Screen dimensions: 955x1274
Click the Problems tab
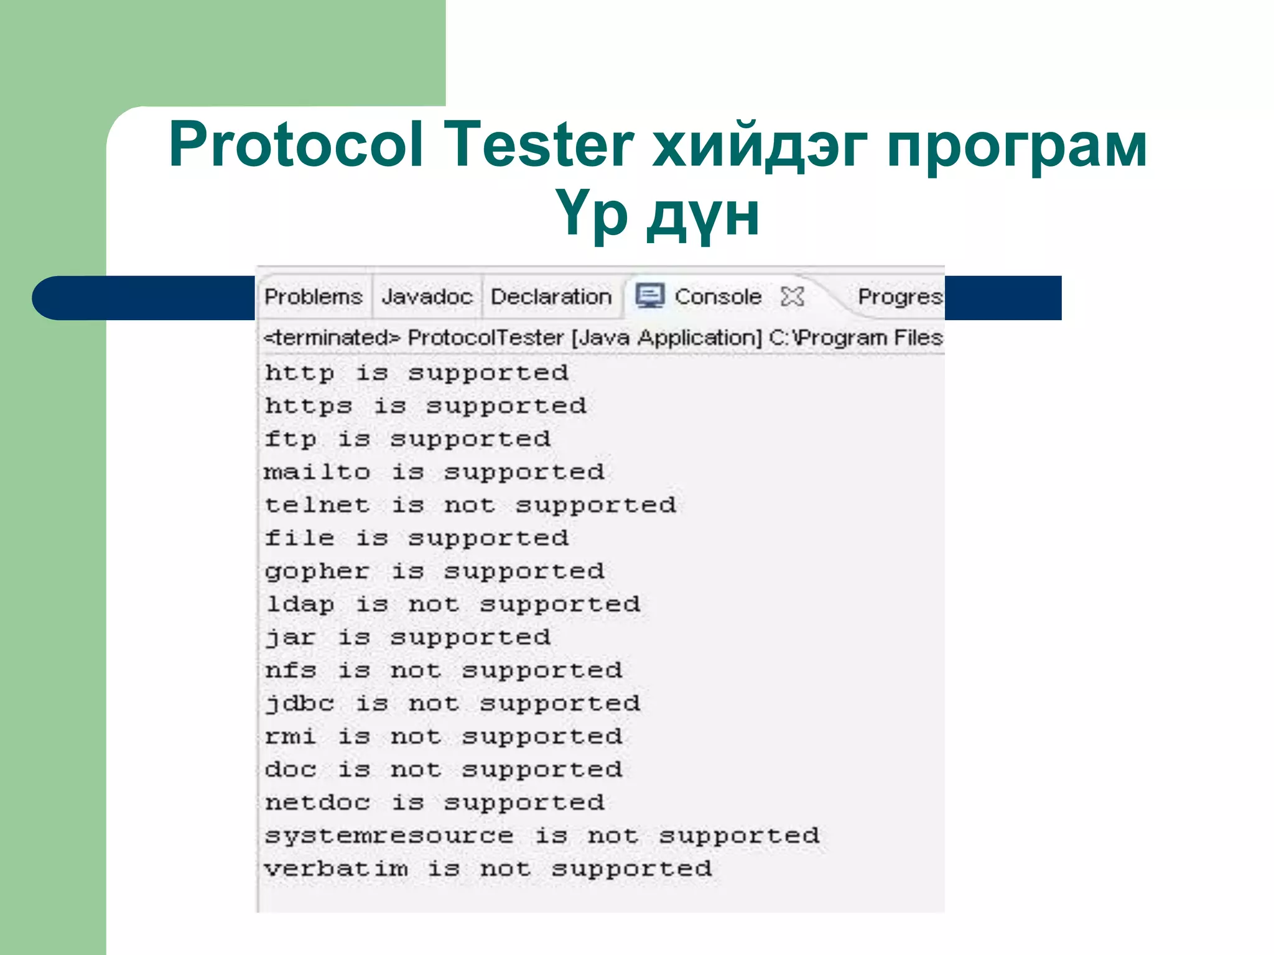tap(313, 297)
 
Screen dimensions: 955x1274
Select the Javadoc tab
tap(427, 297)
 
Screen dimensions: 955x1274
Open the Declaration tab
tap(551, 297)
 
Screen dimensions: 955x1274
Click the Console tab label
tap(718, 297)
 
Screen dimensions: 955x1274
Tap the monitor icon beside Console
tap(650, 296)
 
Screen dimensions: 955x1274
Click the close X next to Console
tap(793, 297)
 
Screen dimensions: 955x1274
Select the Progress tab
tap(900, 297)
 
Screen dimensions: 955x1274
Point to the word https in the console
tap(309, 407)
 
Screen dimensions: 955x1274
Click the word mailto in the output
tap(317, 473)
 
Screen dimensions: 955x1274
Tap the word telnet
tap(317, 505)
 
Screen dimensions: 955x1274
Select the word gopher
tap(317, 571)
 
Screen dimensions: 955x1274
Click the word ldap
tap(300, 604)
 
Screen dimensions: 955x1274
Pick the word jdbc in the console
tap(300, 704)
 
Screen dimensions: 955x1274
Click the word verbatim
tap(336, 869)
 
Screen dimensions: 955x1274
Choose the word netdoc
tap(317, 803)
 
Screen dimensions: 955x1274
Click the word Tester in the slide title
tap(539, 144)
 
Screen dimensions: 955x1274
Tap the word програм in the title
tap(1016, 145)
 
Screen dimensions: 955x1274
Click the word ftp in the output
tap(291, 440)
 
